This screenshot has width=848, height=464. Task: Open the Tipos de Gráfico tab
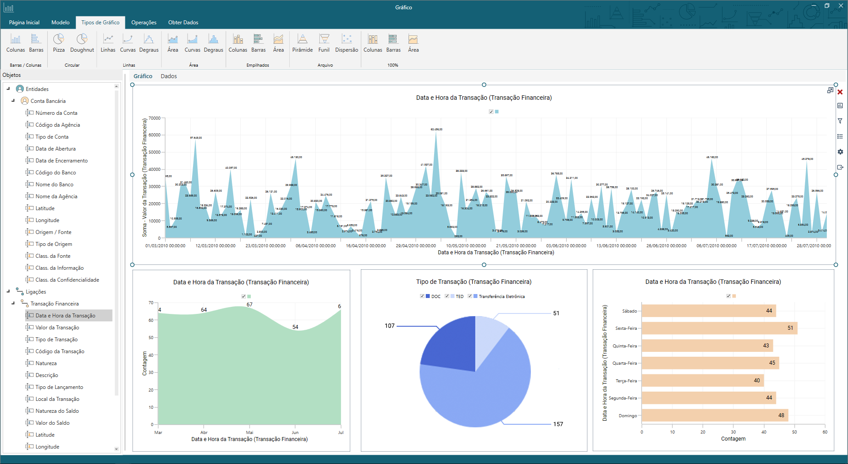100,23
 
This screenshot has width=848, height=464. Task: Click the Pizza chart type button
59,43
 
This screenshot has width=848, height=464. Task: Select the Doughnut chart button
82,43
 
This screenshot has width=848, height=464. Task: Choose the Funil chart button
324,43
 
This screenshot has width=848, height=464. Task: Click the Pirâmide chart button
302,43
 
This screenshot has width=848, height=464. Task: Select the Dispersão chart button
346,43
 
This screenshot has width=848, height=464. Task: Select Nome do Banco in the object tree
54,185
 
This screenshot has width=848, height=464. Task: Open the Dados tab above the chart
169,76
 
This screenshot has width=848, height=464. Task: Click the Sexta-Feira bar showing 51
719,328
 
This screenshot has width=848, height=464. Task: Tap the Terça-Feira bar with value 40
702,381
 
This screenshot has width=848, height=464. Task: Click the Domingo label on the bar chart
628,416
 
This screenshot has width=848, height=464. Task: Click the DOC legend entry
435,297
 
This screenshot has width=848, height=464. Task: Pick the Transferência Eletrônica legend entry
501,297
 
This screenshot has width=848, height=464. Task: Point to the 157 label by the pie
558,424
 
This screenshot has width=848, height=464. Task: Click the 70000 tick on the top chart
155,118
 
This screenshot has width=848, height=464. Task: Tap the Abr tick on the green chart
204,433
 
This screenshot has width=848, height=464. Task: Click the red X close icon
840,92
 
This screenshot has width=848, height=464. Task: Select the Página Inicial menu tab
24,23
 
